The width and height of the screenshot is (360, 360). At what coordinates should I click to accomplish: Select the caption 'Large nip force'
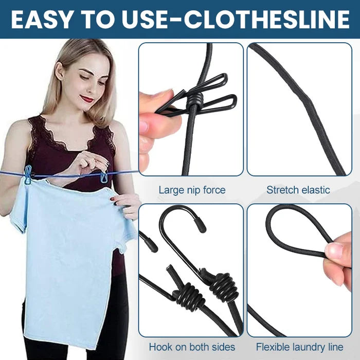[192, 190]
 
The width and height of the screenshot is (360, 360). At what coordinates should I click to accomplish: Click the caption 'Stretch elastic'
[298, 190]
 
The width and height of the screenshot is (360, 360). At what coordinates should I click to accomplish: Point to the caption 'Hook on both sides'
[192, 347]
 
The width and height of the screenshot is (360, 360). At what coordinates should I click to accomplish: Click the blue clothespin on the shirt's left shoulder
[27, 175]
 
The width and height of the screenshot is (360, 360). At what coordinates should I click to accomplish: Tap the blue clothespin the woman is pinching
[104, 176]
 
